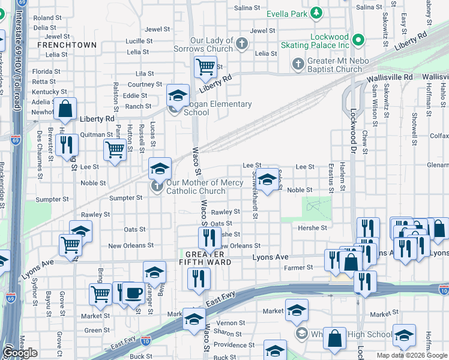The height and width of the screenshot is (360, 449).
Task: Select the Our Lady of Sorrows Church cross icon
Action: pyautogui.click(x=241, y=44)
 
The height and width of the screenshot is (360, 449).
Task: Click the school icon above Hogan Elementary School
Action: pyautogui.click(x=178, y=95)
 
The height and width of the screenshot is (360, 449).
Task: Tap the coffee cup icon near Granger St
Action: pyautogui.click(x=133, y=293)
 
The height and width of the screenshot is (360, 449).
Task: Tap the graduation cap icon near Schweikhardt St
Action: pyautogui.click(x=268, y=178)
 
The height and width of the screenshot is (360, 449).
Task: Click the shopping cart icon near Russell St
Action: pyautogui.click(x=114, y=150)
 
